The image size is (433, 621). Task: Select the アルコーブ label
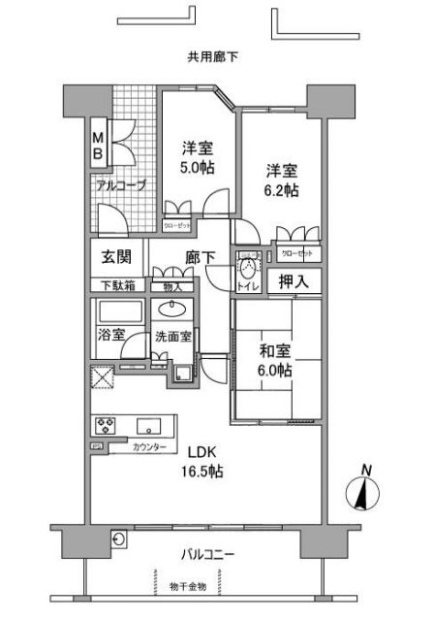point(120,183)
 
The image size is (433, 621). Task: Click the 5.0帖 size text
point(198,167)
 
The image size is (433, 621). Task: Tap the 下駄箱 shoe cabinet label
point(117,285)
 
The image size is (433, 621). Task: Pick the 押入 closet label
point(294,282)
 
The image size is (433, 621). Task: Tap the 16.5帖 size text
point(205,472)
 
